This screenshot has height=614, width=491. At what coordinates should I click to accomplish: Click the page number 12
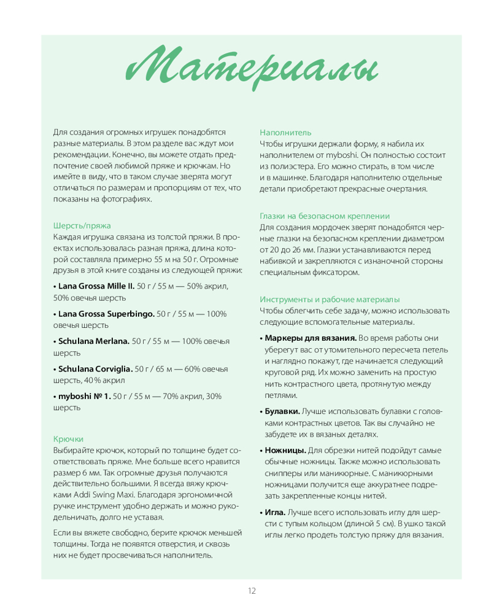[x=252, y=591]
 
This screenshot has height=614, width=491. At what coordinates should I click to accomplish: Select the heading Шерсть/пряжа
[x=82, y=225]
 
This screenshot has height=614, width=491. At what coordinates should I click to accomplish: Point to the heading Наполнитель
[x=285, y=132]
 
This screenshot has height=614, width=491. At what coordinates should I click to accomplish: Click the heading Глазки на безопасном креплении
[x=325, y=216]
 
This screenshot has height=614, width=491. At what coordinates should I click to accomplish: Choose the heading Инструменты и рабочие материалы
[x=330, y=300]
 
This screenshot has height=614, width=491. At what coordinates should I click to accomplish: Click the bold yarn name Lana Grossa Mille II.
[x=96, y=286]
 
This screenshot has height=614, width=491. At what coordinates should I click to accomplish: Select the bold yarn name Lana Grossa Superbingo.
[x=106, y=314]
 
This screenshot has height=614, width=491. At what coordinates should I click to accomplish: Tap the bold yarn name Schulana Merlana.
[x=93, y=341]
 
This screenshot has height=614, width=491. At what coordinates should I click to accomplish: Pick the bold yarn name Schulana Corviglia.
[x=95, y=369]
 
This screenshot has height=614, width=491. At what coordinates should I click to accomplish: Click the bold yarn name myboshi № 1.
[x=84, y=397]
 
